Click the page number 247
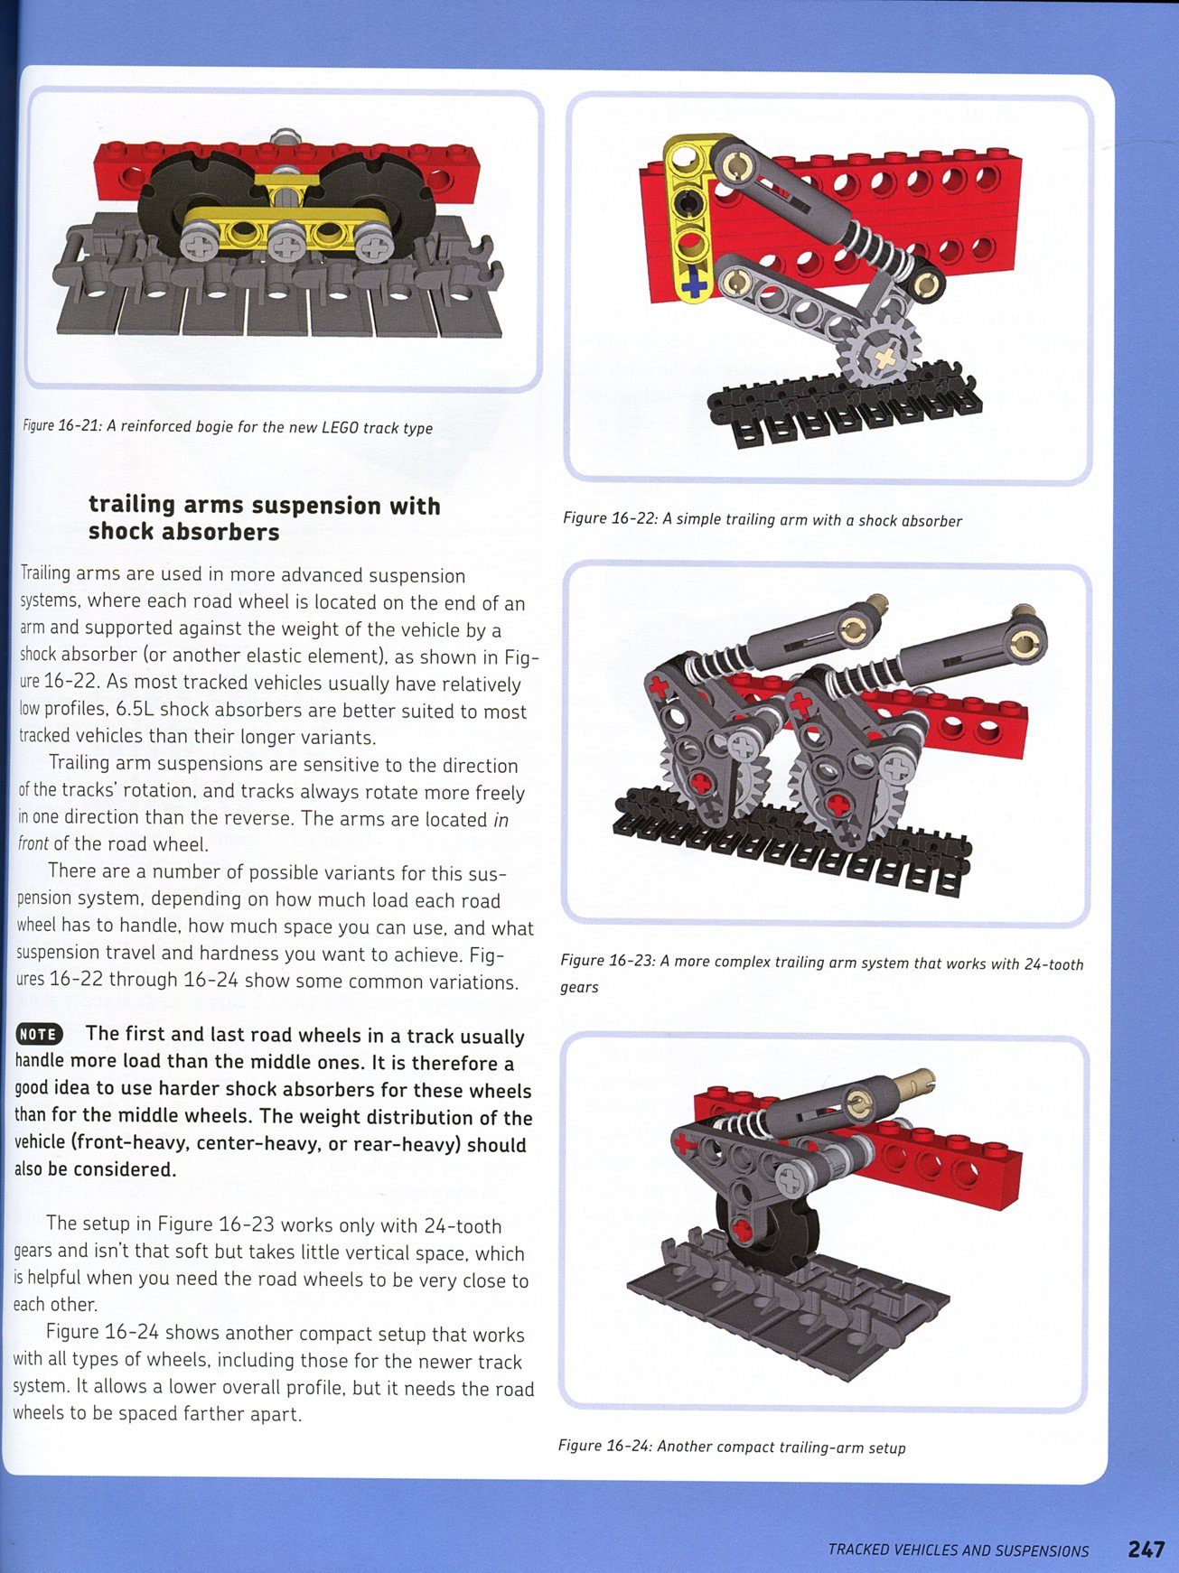(x=1146, y=1550)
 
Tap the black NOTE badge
(x=38, y=1035)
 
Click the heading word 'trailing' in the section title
(x=131, y=505)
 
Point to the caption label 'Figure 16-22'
(x=609, y=518)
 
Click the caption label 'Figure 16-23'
(x=607, y=961)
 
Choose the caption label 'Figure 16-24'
(x=604, y=1446)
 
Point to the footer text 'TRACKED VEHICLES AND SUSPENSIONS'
(x=959, y=1550)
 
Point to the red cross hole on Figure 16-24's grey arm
(x=743, y=1230)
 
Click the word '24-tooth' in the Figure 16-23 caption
(x=1053, y=963)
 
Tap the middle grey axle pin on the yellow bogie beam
(x=287, y=240)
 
